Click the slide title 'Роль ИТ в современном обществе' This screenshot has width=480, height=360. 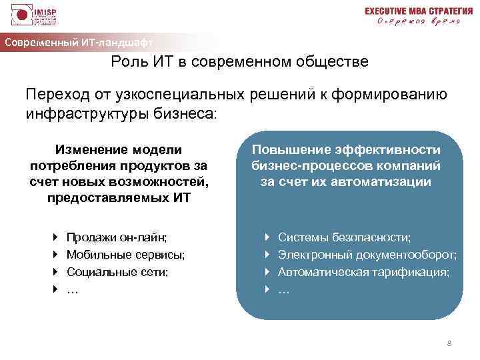coord(239,63)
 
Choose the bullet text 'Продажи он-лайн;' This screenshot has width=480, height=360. coord(117,237)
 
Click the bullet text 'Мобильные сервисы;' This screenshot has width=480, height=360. coord(126,255)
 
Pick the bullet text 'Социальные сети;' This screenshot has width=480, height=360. coord(118,272)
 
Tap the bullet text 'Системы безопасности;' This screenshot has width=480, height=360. coord(344,237)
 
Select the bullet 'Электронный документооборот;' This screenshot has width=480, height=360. coord(367,255)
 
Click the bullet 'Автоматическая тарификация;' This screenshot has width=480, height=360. coord(363,272)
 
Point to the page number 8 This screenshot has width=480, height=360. coord(449,343)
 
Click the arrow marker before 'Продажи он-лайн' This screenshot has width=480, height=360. coord(55,237)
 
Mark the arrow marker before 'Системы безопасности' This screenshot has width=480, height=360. coord(266,237)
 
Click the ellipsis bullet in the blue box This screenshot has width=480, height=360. coord(283,290)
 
